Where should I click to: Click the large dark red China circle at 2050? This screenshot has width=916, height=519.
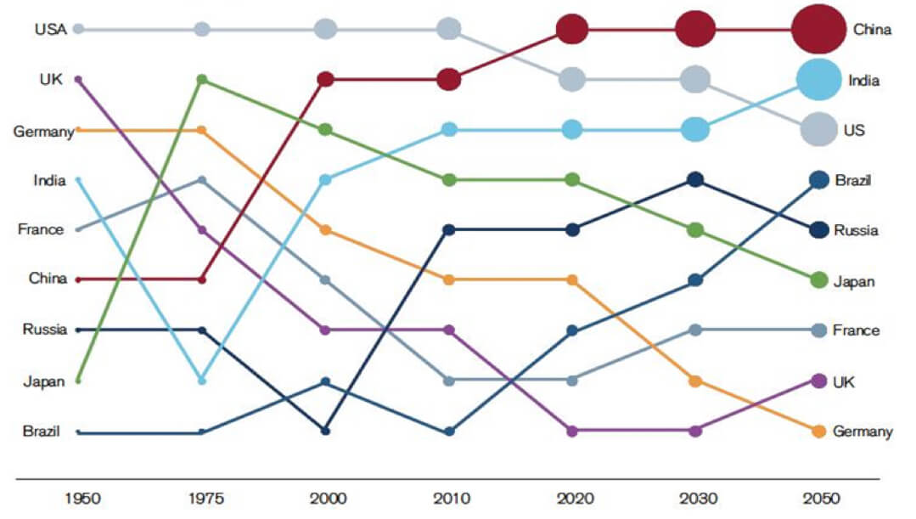coord(818,29)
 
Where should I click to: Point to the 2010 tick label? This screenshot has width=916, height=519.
coord(449,498)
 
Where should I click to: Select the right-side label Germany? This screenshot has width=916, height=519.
coord(863,432)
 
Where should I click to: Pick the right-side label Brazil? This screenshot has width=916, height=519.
coord(853,180)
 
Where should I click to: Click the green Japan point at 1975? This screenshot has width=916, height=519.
coord(202,79)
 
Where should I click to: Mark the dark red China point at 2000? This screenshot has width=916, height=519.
coord(325,80)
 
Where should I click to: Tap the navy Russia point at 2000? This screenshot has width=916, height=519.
coord(325,431)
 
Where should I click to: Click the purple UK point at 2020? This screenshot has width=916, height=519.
coord(572,431)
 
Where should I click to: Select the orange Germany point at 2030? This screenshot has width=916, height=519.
coord(695,381)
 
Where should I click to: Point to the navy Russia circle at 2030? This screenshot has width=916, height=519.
coord(695,179)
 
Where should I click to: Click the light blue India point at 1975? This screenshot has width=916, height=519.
coord(202,380)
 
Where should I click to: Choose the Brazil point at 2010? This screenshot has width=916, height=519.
coord(449,431)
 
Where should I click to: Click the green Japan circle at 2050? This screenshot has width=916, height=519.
coord(818,279)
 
